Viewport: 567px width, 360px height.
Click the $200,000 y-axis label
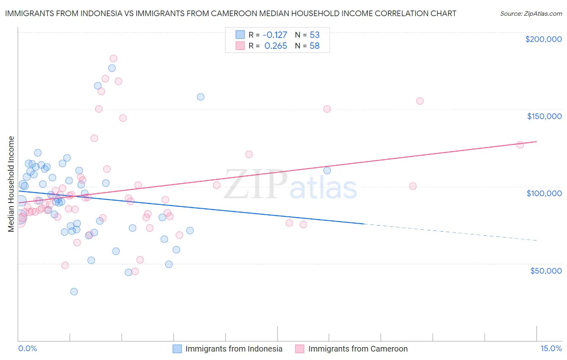[543, 39]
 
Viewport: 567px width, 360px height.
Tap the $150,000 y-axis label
[544, 116]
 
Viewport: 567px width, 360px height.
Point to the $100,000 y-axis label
[544, 193]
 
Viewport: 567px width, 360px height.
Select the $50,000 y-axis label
[546, 270]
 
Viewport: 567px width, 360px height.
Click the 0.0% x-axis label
[27, 349]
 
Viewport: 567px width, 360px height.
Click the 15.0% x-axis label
[551, 349]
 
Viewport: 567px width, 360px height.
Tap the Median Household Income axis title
[11, 184]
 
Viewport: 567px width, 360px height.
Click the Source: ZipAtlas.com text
[531, 13]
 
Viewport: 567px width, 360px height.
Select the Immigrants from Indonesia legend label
[233, 349]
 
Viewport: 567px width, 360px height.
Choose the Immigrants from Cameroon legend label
[358, 349]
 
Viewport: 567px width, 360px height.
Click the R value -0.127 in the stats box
[275, 35]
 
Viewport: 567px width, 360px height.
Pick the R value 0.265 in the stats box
[275, 46]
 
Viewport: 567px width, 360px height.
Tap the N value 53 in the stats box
[315, 35]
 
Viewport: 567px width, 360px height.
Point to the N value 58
[315, 46]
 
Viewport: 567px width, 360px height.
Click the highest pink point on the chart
[113, 59]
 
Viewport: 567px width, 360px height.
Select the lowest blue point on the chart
[74, 291]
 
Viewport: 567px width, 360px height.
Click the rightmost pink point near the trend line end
[520, 145]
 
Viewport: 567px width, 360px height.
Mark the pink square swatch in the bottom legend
[299, 349]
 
